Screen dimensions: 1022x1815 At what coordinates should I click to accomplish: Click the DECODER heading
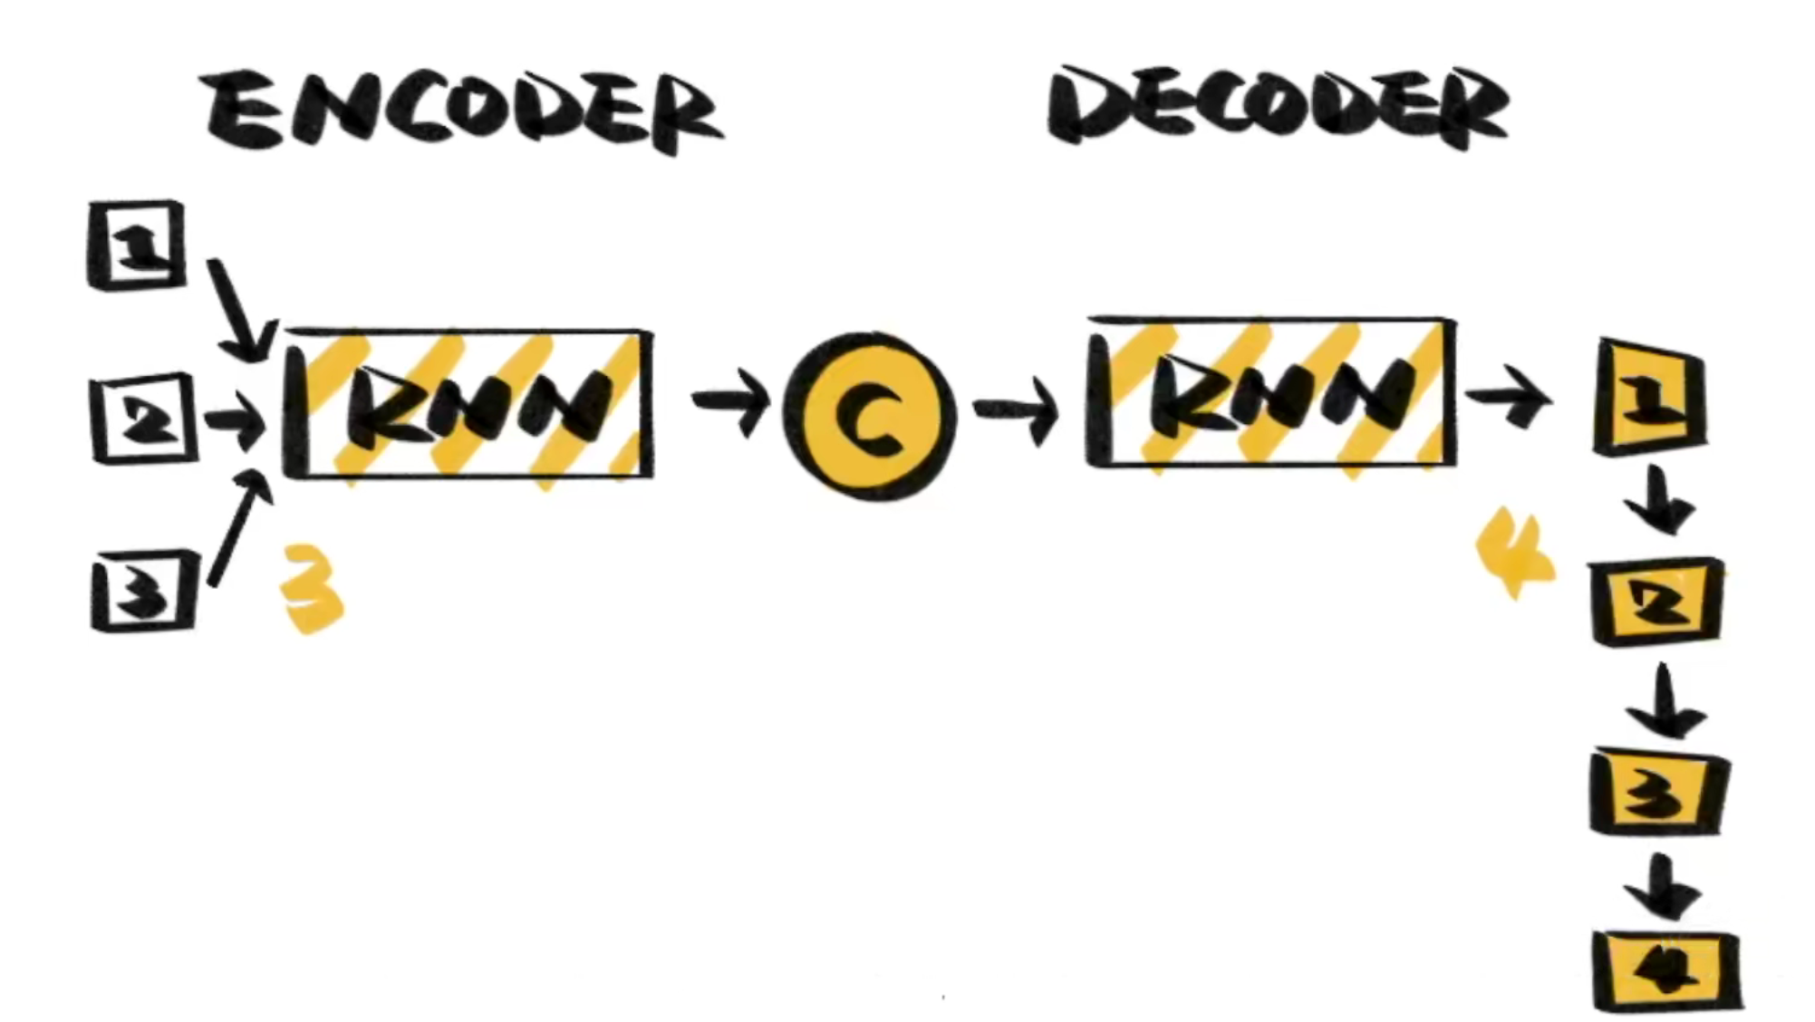pos(1278,107)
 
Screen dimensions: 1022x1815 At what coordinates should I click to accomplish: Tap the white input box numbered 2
pos(144,419)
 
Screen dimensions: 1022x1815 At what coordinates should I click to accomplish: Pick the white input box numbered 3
pos(144,591)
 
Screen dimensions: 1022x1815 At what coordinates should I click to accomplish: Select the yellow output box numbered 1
pos(1649,396)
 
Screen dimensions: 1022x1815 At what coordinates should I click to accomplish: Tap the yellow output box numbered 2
pos(1656,602)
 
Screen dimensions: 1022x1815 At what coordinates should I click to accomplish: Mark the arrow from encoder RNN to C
pos(729,401)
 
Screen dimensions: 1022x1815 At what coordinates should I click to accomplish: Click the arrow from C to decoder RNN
pos(1015,410)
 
